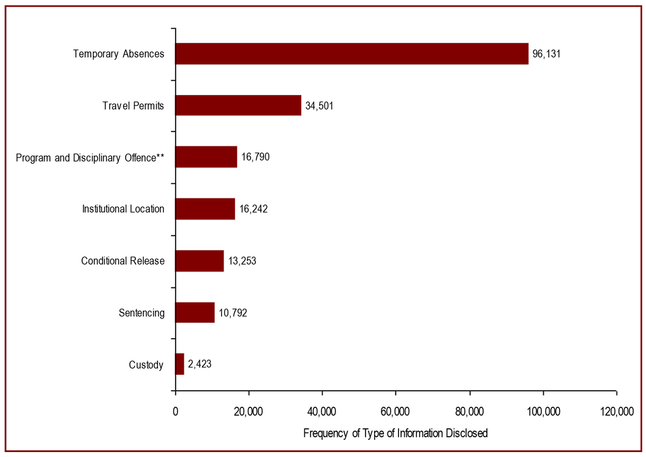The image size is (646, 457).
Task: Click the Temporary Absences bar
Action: click(x=351, y=54)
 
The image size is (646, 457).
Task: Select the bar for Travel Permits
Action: click(x=238, y=105)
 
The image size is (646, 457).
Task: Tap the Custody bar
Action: click(x=179, y=364)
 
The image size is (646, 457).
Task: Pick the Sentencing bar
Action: click(x=195, y=312)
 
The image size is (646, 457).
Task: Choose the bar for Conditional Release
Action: click(x=200, y=261)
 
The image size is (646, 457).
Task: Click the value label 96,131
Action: click(x=547, y=54)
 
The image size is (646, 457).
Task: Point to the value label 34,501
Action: click(x=319, y=105)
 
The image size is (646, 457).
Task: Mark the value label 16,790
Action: click(x=255, y=157)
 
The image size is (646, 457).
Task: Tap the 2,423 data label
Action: click(x=200, y=364)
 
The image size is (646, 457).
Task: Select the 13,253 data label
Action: click(x=242, y=261)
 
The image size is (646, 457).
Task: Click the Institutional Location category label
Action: click(x=123, y=209)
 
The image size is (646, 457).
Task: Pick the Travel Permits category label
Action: click(x=133, y=105)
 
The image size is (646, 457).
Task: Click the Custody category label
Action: click(x=146, y=365)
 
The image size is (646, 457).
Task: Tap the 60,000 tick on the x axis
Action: click(x=396, y=412)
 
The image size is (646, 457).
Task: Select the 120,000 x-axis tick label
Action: click(x=616, y=412)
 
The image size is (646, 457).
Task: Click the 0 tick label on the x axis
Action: click(x=175, y=412)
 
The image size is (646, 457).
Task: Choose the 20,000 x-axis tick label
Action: click(x=249, y=412)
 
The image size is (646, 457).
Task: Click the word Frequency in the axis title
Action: click(x=325, y=434)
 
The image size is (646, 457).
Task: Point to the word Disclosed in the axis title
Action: click(x=468, y=434)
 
